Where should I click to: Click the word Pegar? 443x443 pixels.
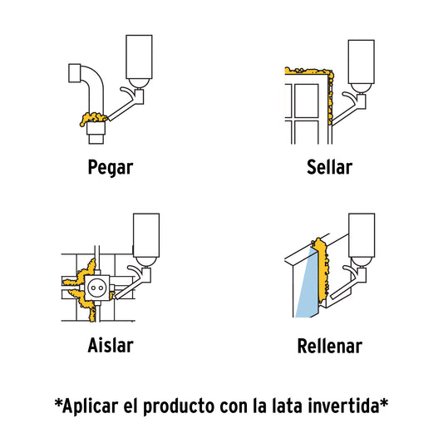pyautogui.click(x=111, y=168)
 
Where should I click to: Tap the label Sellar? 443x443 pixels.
pyautogui.click(x=329, y=168)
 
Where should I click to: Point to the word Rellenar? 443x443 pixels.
pyautogui.click(x=329, y=345)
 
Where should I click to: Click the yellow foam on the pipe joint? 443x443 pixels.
pyautogui.click(x=89, y=120)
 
